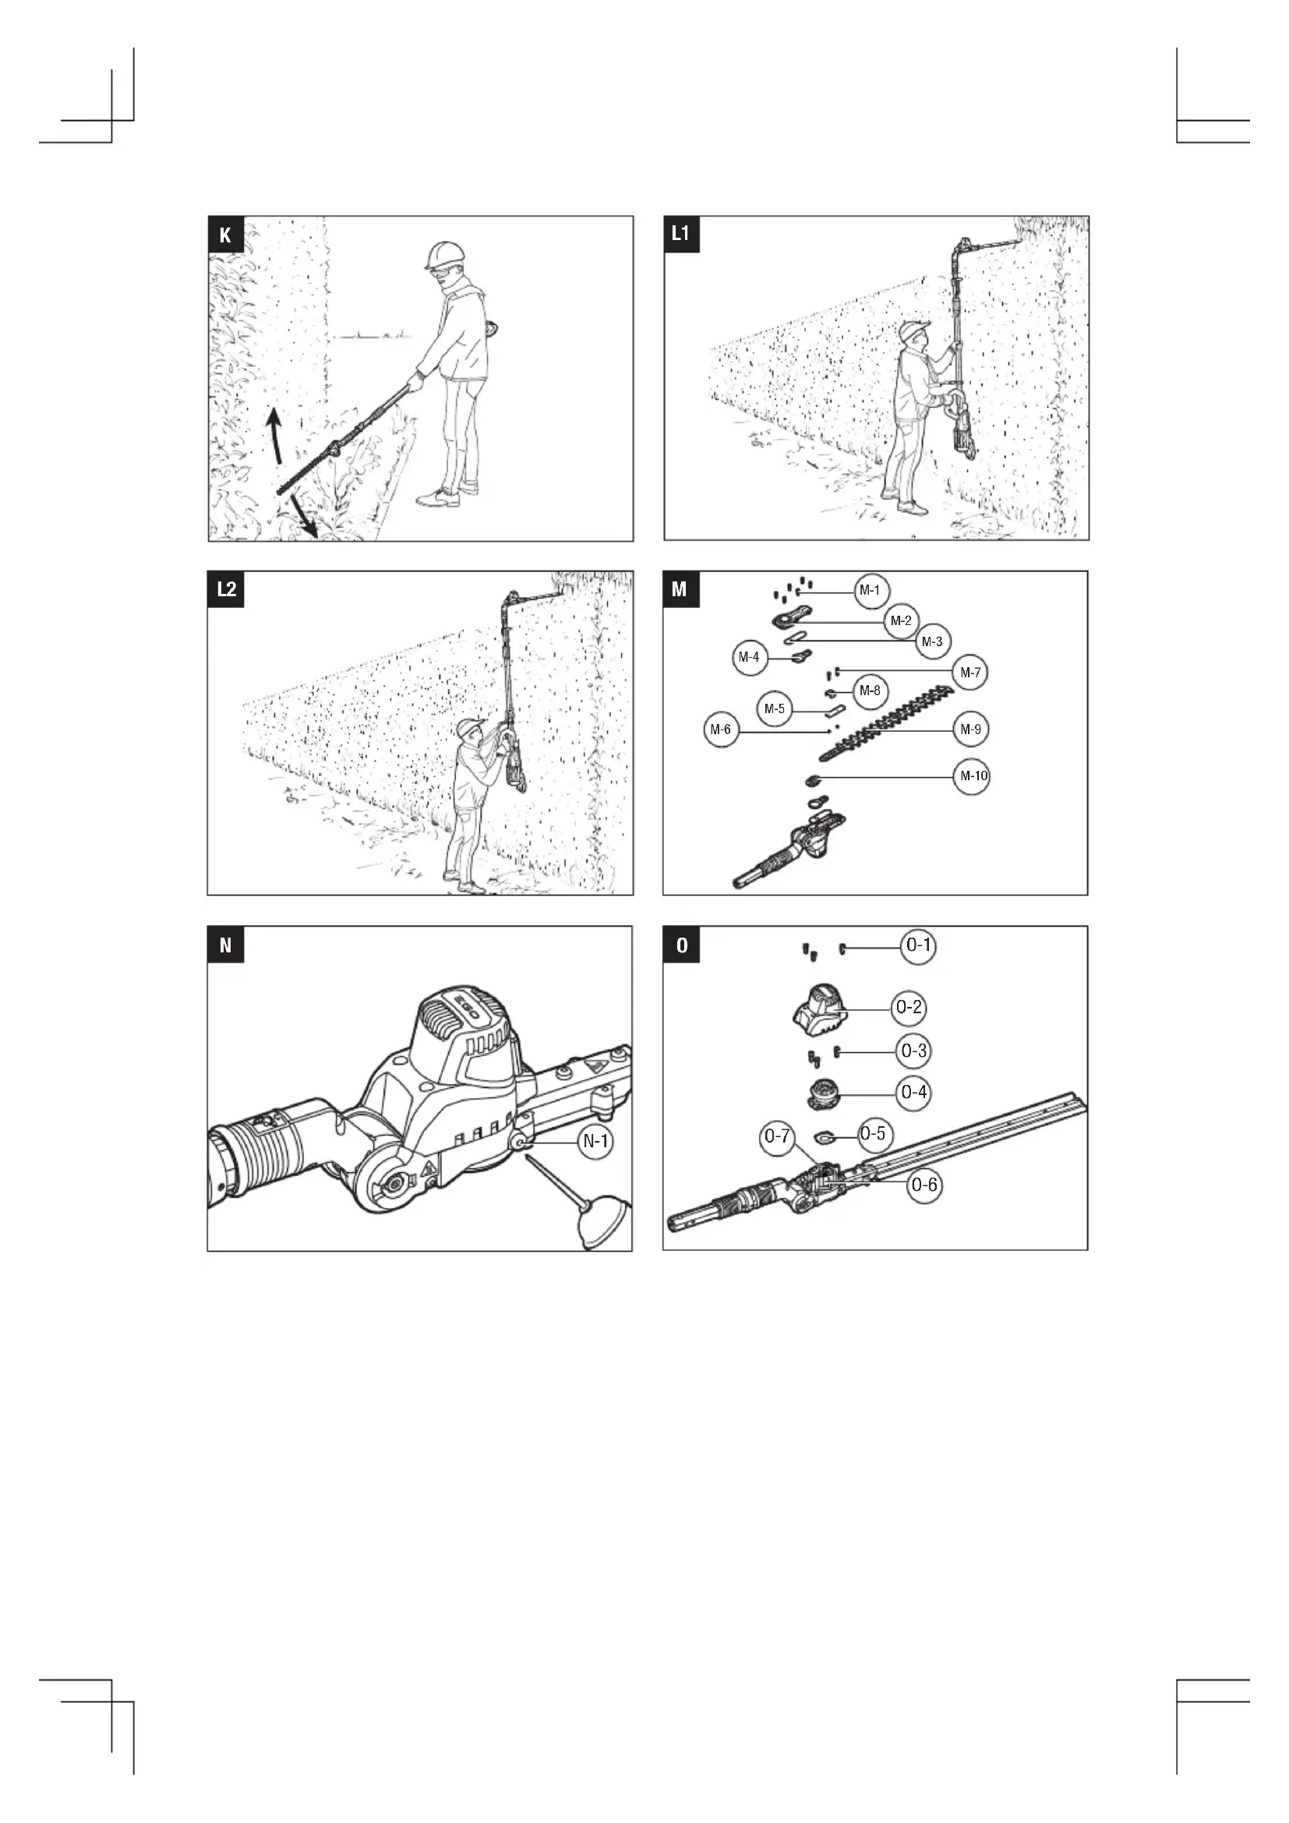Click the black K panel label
(225, 235)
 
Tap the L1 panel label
(681, 235)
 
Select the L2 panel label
(226, 588)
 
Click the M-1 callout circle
(870, 590)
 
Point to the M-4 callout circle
(749, 658)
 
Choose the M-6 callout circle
(721, 729)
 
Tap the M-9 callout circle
(971, 729)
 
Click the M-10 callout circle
(972, 775)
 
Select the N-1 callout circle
(595, 1141)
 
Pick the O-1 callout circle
(918, 945)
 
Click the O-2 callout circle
(909, 1008)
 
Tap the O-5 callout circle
(872, 1133)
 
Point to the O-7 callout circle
(777, 1136)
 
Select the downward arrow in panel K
(304, 516)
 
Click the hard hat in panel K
(443, 256)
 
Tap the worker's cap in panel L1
(914, 330)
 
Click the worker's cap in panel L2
(471, 726)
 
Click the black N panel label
(225, 945)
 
